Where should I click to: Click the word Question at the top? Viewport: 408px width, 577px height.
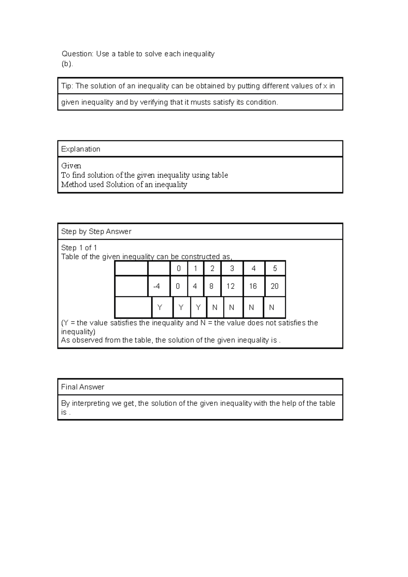pyautogui.click(x=77, y=54)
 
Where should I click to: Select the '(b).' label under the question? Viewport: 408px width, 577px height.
pyautogui.click(x=67, y=64)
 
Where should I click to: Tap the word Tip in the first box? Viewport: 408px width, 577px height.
pyautogui.click(x=66, y=86)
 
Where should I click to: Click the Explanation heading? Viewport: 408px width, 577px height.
pyautogui.click(x=81, y=149)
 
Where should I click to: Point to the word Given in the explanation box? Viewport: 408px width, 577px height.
pyautogui.click(x=71, y=166)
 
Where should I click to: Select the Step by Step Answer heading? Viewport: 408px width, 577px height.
pyautogui.click(x=96, y=231)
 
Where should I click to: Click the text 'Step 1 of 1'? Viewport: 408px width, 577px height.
pyautogui.click(x=79, y=248)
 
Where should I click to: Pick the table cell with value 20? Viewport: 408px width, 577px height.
pyautogui.click(x=274, y=286)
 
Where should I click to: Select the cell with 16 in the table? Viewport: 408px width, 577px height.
pyautogui.click(x=253, y=286)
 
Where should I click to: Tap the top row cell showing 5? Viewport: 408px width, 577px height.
pyautogui.click(x=275, y=268)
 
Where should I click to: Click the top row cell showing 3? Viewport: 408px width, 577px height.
pyautogui.click(x=232, y=268)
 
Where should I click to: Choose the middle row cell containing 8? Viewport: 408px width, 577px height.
pyautogui.click(x=211, y=286)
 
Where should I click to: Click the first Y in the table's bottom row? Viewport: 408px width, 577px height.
pyautogui.click(x=160, y=308)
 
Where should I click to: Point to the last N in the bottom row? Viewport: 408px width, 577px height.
pyautogui.click(x=271, y=308)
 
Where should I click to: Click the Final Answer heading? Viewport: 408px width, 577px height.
pyautogui.click(x=83, y=387)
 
